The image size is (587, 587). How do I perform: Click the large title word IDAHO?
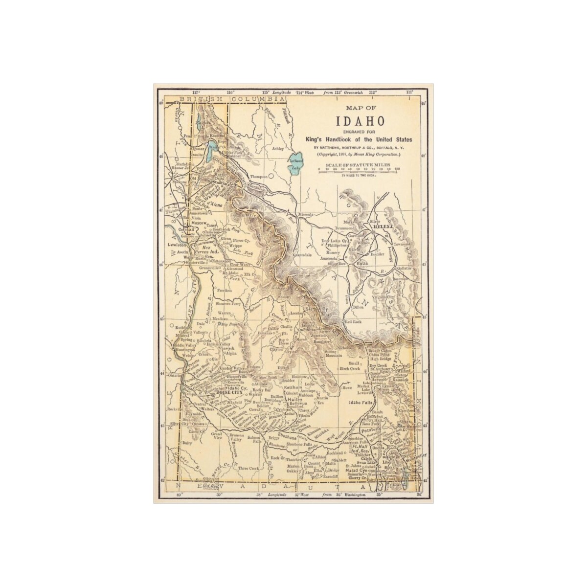point(360,121)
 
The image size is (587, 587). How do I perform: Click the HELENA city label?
point(384,227)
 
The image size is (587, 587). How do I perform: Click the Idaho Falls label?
point(361,402)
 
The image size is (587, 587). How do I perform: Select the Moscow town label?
point(199,223)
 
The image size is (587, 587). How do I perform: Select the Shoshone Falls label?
point(299,444)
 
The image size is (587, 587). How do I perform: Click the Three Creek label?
point(248,468)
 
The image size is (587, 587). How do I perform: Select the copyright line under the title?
point(359,154)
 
